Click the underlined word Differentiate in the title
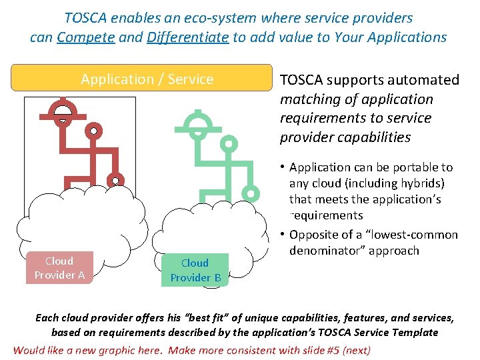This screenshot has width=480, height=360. pyautogui.click(x=188, y=37)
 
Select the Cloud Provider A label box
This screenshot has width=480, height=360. pyautogui.click(x=59, y=268)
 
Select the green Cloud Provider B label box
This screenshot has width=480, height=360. pyautogui.click(x=195, y=270)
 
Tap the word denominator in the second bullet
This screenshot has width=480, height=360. pyautogui.click(x=325, y=251)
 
